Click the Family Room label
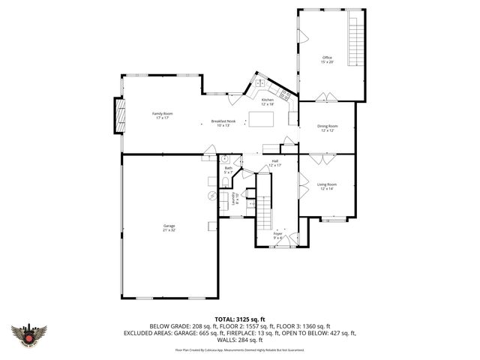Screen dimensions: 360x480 tap(163, 115)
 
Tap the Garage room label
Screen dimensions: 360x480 tap(169, 228)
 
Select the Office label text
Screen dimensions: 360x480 tap(327, 59)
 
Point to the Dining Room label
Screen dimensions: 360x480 tap(327, 128)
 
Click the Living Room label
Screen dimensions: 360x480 tap(326, 186)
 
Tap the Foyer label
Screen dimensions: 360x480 tap(277, 235)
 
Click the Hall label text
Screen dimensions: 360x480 tap(274, 163)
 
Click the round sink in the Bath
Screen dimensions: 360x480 tap(224, 159)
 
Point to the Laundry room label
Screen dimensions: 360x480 tap(233, 198)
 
